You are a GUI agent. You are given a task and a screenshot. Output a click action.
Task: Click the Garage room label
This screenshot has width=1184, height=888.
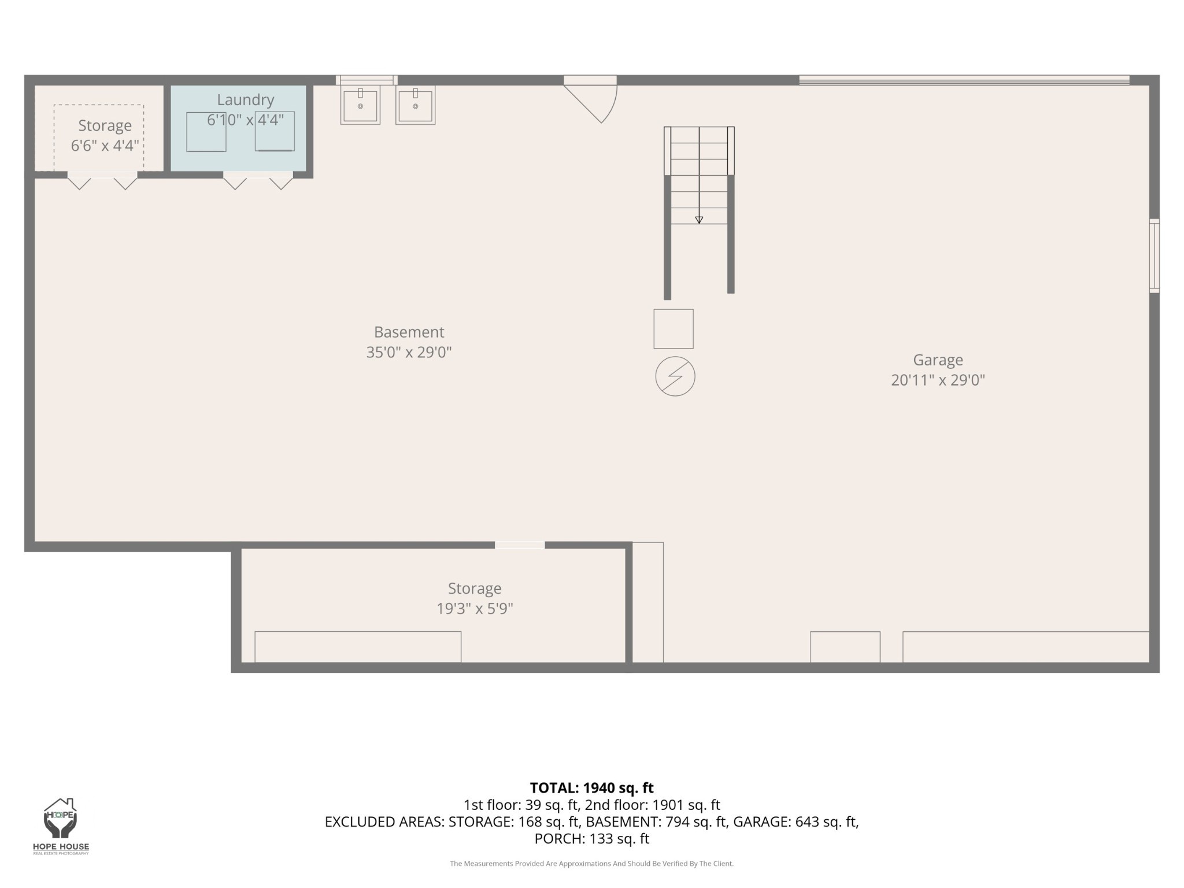pos(938,360)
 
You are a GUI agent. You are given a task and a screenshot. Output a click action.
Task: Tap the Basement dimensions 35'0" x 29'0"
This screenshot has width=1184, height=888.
pos(409,352)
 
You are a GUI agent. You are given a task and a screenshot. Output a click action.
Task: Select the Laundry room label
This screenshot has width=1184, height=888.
pos(245,99)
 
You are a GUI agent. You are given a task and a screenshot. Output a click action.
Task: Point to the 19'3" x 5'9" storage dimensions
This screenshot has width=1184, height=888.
pos(475,608)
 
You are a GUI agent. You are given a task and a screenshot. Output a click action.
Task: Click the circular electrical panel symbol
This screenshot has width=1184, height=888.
pos(675,376)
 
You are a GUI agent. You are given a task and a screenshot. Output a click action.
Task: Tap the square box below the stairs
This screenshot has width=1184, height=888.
pos(674,329)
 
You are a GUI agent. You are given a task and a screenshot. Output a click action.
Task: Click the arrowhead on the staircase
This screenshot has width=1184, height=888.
pos(699,220)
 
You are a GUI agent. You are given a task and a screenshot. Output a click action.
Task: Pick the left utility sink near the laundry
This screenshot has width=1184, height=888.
pos(360,105)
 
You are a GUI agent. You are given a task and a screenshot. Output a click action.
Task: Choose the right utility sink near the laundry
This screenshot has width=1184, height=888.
pos(415,105)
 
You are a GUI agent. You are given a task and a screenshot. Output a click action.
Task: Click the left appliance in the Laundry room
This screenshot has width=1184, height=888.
pos(206,132)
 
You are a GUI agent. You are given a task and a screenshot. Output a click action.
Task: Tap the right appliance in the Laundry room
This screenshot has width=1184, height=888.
pos(275,131)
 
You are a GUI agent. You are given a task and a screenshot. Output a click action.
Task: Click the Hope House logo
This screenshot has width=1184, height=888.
pos(61,826)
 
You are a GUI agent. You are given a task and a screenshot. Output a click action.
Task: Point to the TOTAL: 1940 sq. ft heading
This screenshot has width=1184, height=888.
pos(591,788)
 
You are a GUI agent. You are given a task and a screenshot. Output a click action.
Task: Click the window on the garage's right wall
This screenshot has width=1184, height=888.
pos(1154,256)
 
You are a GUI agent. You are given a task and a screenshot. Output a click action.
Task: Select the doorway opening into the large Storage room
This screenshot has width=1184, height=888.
pos(520,545)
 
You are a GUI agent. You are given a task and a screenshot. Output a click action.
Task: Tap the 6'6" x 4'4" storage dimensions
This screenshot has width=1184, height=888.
pos(105,145)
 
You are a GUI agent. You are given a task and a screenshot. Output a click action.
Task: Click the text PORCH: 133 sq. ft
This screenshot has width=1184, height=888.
pos(591,839)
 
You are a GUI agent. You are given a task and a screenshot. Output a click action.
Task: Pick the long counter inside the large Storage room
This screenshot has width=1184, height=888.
pos(358,647)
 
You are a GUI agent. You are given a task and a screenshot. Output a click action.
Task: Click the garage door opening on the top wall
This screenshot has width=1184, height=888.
pos(964,80)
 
